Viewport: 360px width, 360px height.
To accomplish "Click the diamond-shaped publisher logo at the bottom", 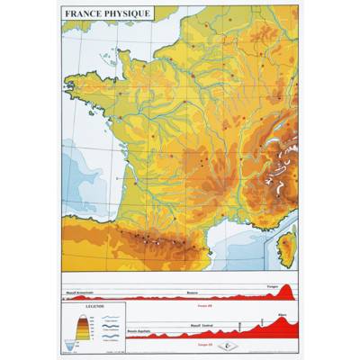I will click(233, 344).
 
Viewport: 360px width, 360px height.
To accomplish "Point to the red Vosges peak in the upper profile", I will click(287, 291).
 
